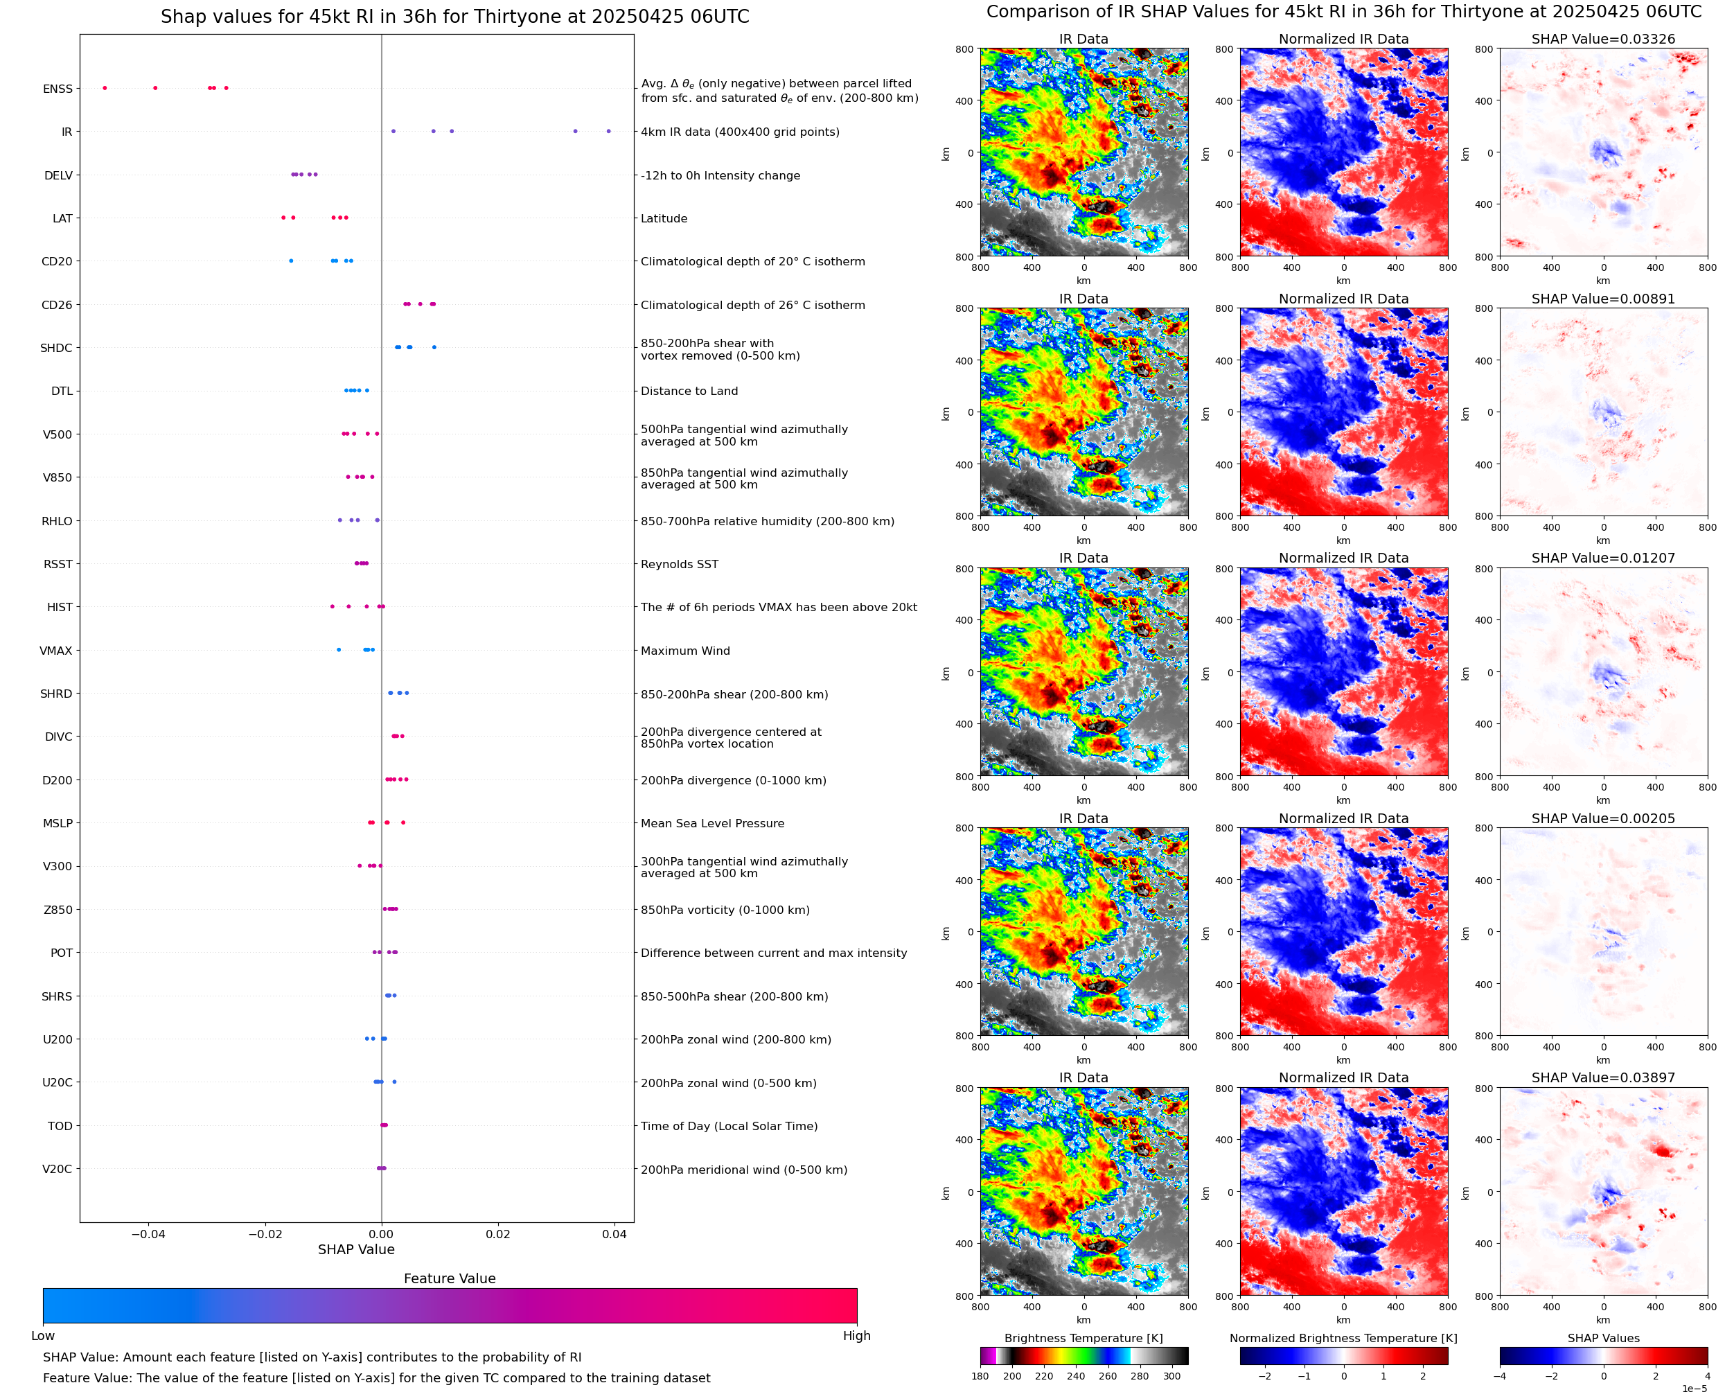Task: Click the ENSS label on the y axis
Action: (x=57, y=89)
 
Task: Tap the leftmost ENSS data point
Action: (x=105, y=88)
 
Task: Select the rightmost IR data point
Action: (x=608, y=132)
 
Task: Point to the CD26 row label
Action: (x=56, y=305)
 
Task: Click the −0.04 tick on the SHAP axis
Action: (x=148, y=1234)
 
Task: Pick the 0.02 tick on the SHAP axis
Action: (x=498, y=1234)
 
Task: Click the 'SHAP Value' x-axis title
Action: (x=356, y=1249)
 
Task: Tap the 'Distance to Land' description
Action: (x=689, y=391)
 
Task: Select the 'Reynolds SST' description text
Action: (x=680, y=564)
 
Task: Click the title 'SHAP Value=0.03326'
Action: (x=1603, y=39)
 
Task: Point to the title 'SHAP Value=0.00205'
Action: (x=1603, y=819)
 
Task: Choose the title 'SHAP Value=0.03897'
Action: (x=1603, y=1077)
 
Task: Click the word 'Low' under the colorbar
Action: (x=42, y=1336)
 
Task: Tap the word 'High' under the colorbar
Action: (x=856, y=1336)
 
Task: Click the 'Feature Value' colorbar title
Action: (x=450, y=1278)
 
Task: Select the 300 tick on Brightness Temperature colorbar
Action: (x=1172, y=1376)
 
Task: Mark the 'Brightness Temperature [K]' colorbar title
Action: (x=1083, y=1338)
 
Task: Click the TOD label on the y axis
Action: (x=60, y=1126)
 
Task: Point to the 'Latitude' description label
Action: (x=664, y=218)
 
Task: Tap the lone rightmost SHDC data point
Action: (x=434, y=347)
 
